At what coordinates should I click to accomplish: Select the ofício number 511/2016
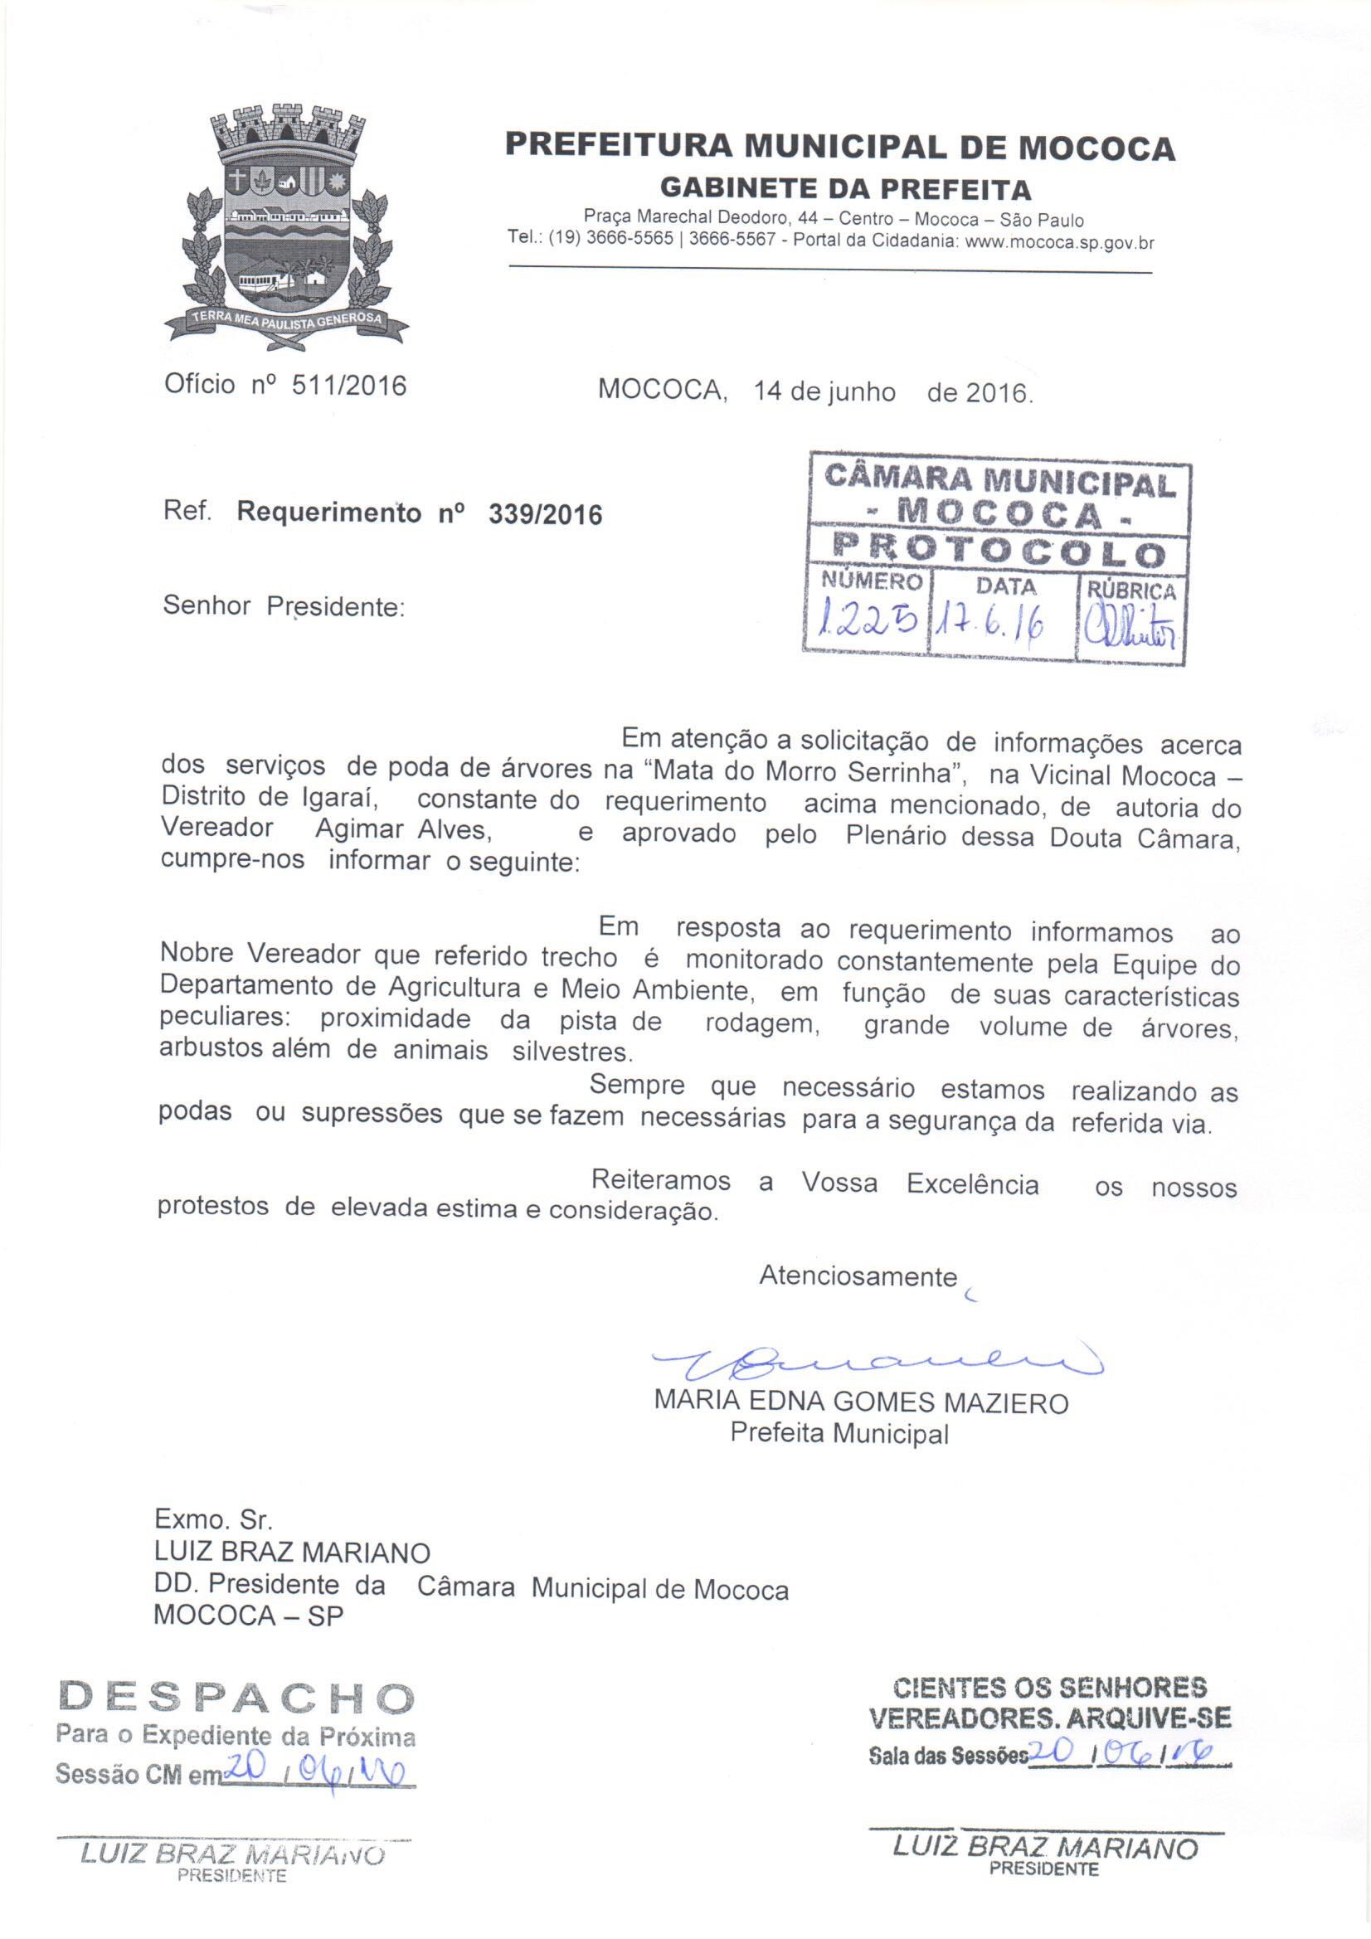coord(348,385)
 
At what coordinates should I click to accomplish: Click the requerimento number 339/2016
coord(545,513)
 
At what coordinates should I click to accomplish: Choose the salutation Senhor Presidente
coord(284,606)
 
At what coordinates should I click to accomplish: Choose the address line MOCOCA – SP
coord(249,1616)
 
